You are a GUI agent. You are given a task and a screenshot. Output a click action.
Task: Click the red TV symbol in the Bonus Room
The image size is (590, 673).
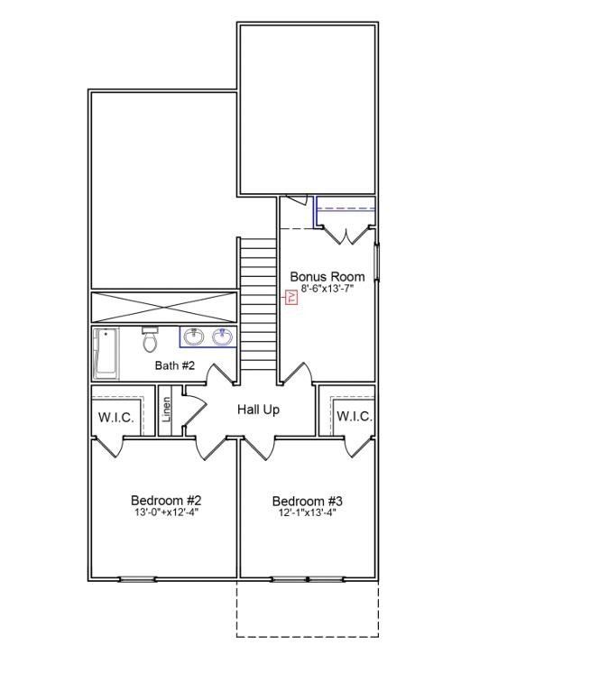[290, 298]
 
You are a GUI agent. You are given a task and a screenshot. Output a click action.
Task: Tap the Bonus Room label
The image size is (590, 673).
[327, 277]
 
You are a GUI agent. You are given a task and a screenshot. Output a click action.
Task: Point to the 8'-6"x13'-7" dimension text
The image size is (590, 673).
[327, 290]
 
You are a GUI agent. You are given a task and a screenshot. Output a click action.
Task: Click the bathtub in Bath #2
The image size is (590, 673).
[105, 354]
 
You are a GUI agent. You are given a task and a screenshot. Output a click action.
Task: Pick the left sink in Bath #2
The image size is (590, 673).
[193, 337]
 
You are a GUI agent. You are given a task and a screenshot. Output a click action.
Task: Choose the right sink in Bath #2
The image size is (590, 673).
[222, 337]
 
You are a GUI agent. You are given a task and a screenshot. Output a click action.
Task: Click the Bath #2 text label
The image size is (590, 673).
[175, 365]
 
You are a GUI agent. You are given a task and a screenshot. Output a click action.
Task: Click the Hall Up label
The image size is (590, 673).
[258, 410]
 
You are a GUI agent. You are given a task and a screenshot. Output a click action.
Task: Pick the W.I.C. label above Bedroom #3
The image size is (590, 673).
[354, 416]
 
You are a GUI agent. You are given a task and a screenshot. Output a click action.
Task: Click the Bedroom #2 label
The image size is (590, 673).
[166, 500]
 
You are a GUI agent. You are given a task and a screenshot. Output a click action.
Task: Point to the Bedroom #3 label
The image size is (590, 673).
[307, 501]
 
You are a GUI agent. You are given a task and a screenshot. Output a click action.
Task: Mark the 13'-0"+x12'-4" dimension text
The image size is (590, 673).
[166, 512]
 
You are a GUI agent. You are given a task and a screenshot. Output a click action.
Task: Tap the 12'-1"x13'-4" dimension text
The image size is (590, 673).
[307, 513]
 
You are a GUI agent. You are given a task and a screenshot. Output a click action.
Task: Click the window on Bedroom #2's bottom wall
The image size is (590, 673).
[137, 578]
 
